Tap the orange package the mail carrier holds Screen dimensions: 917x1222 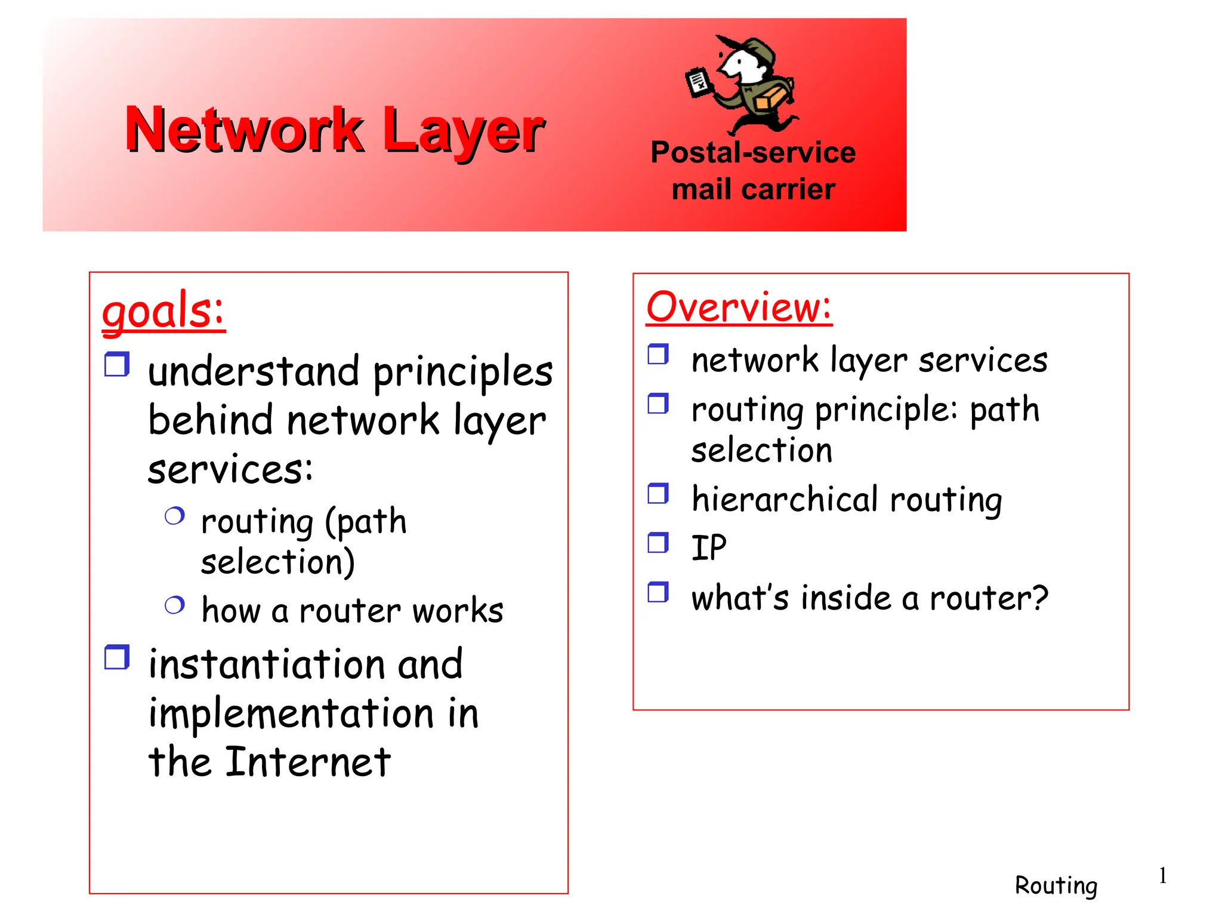(x=770, y=97)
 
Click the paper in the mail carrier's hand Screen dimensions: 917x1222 (x=698, y=82)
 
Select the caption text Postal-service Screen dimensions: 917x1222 (x=753, y=152)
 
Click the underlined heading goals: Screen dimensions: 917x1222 (x=163, y=310)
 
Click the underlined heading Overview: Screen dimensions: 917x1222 (x=739, y=307)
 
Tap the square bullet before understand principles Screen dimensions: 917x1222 (x=117, y=364)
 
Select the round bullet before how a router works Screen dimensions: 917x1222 (x=174, y=605)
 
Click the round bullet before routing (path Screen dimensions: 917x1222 (x=174, y=516)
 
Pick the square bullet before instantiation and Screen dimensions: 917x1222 (x=117, y=657)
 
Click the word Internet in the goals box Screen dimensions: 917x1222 (x=308, y=762)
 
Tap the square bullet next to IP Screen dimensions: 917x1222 (x=658, y=543)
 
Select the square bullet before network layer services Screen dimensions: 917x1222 (x=658, y=354)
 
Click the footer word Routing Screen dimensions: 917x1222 (x=1056, y=885)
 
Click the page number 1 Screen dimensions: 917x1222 (x=1162, y=876)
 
